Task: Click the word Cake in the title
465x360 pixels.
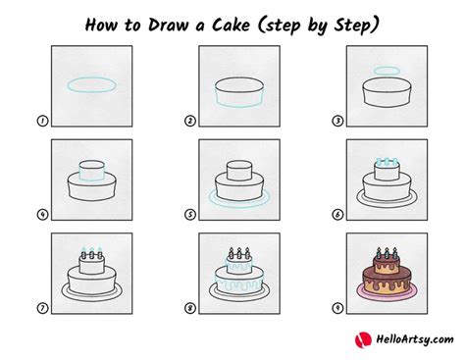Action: (231, 25)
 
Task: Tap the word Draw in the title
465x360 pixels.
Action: (170, 25)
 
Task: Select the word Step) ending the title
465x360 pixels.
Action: (356, 26)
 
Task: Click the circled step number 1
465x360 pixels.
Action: (42, 121)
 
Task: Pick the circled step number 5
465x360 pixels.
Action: (190, 215)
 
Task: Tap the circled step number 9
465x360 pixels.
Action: (337, 308)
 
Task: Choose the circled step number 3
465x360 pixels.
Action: (337, 121)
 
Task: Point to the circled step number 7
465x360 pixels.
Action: (42, 308)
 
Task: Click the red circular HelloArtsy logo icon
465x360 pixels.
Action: (363, 340)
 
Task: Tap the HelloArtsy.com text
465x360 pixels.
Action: (415, 339)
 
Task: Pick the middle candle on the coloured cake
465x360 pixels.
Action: (387, 253)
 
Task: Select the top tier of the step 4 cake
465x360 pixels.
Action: (92, 171)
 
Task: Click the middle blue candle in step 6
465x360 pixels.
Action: (387, 162)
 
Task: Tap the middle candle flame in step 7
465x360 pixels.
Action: (92, 249)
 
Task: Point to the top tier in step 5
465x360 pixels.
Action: (239, 171)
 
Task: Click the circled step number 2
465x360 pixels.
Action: (190, 121)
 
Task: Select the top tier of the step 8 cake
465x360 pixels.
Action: (239, 264)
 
